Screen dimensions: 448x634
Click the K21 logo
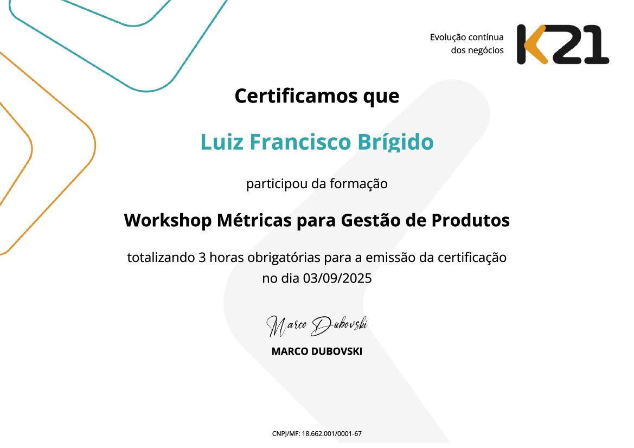pos(562,44)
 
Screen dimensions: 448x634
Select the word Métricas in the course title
pos(253,220)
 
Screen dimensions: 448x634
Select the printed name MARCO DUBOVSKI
pos(317,351)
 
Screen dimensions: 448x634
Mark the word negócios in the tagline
pos(485,50)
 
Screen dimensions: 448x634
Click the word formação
pos(358,184)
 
